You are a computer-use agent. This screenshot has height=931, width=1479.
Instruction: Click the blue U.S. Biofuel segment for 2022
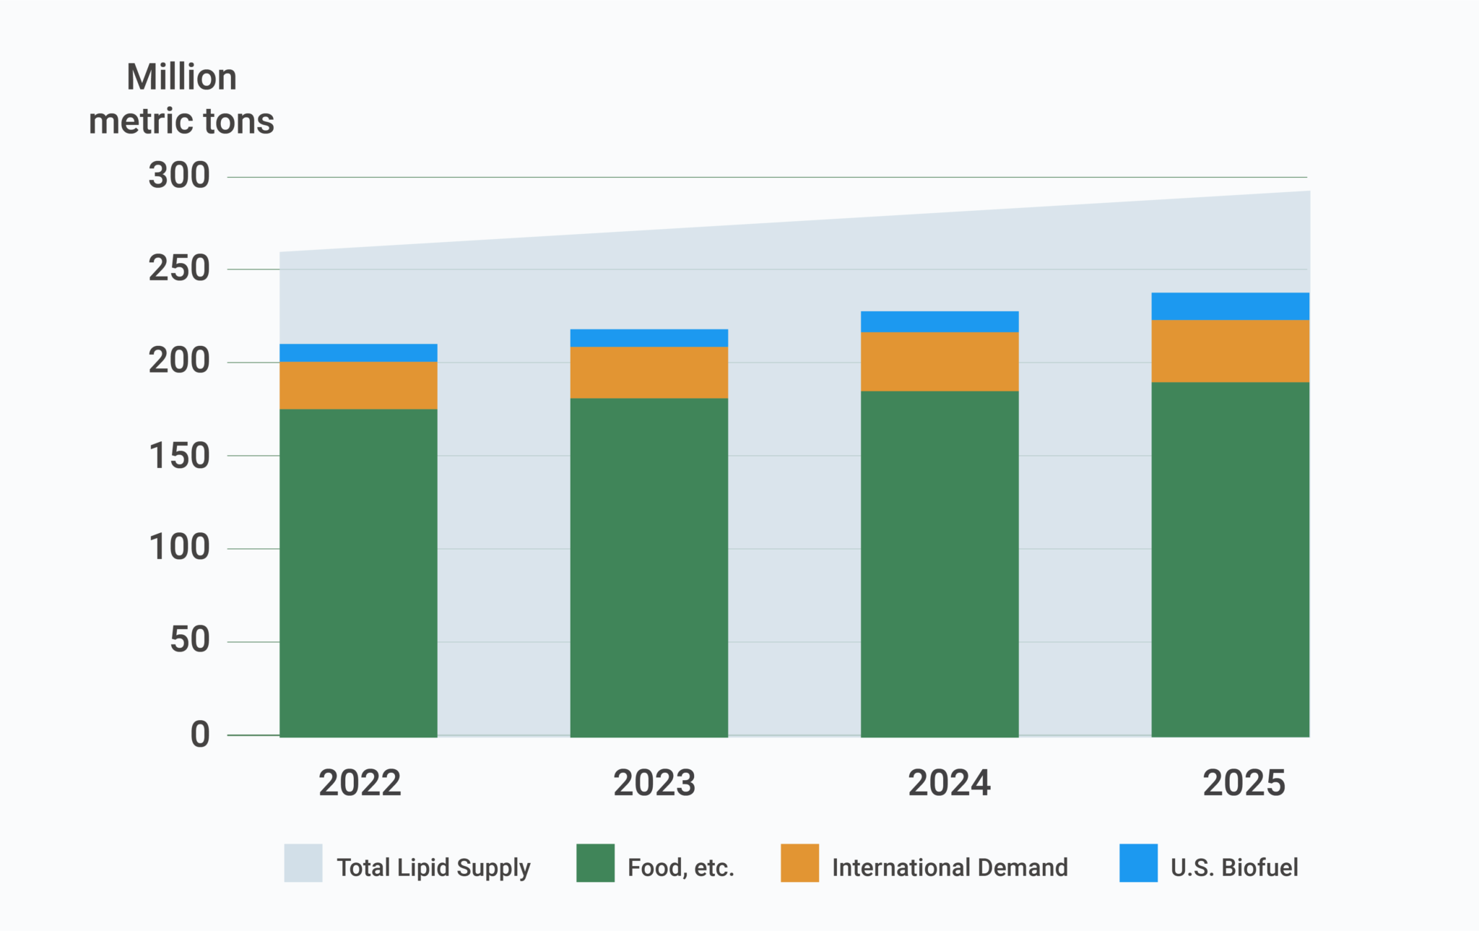[x=358, y=352]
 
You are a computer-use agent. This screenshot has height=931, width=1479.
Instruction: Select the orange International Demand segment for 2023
[x=649, y=372]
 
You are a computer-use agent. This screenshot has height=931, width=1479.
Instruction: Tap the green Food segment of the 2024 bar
[x=940, y=563]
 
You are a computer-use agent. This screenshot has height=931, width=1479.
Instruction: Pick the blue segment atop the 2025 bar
[x=1230, y=306]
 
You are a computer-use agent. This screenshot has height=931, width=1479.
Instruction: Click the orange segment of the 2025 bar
[x=1230, y=350]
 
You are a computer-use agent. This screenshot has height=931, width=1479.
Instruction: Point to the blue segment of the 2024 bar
[x=940, y=321]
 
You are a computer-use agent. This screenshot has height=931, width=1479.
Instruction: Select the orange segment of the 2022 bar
[x=358, y=385]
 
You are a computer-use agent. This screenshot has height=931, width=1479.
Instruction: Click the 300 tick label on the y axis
[x=179, y=176]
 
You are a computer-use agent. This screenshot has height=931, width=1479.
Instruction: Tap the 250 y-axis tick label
[x=179, y=269]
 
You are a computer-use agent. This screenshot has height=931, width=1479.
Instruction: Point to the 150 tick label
[x=179, y=456]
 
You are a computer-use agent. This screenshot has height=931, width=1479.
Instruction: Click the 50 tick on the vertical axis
[x=189, y=640]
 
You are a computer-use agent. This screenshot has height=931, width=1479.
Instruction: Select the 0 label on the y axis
[x=200, y=735]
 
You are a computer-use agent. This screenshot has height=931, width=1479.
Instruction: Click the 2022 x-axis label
[x=360, y=783]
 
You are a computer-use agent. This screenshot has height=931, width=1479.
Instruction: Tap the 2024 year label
[x=949, y=783]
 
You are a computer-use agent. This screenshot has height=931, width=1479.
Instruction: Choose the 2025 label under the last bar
[x=1244, y=783]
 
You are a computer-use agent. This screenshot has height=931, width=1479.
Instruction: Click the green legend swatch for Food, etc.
[x=595, y=862]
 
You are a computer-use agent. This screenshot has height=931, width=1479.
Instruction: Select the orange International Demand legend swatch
[x=799, y=862]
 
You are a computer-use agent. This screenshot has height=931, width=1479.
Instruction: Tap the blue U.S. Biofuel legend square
[x=1138, y=862]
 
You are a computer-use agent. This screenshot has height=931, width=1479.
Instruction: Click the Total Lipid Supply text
[x=433, y=867]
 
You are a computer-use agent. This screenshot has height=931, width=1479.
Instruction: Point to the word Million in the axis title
[x=181, y=77]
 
